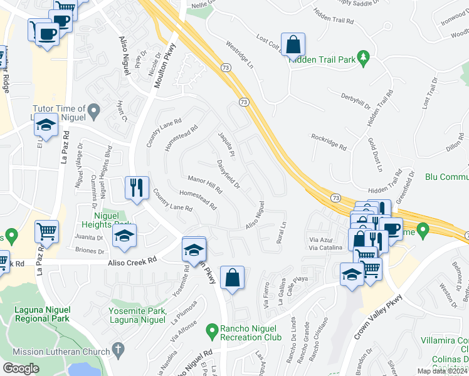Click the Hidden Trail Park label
pyautogui.click(x=322, y=60)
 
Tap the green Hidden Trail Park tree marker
pyautogui.click(x=362, y=60)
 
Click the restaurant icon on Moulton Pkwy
pyautogui.click(x=137, y=188)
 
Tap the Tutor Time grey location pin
pyautogui.click(x=94, y=112)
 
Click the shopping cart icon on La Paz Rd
pyautogui.click(x=46, y=232)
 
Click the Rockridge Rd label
pyautogui.click(x=329, y=142)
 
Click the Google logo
pyautogui.click(x=21, y=368)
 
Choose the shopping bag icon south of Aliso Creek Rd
pyautogui.click(x=232, y=278)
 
